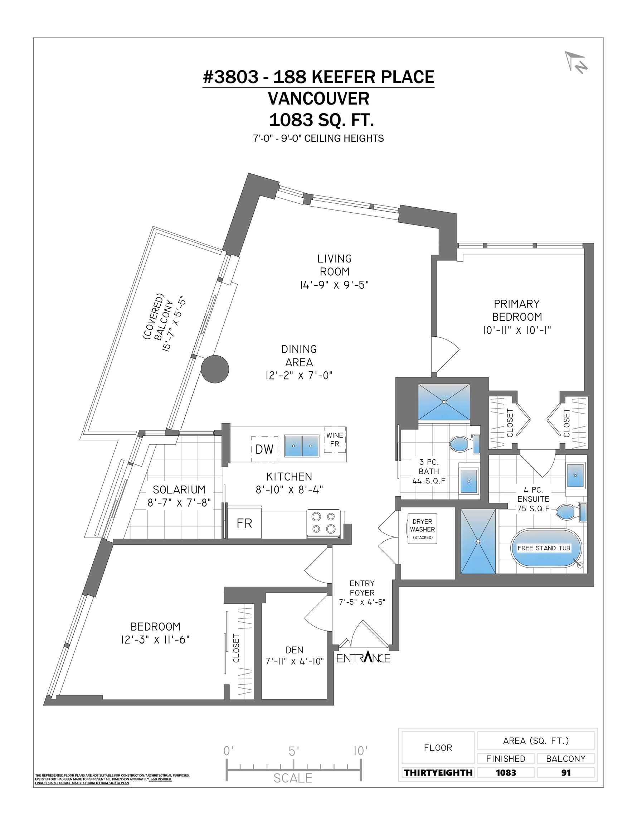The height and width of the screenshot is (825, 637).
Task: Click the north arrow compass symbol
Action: coord(576,62)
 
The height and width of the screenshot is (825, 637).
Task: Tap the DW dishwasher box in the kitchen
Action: coord(264,449)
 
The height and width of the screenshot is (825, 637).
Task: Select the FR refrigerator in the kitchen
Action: coord(244,524)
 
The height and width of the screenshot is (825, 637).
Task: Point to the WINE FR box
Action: coord(335,440)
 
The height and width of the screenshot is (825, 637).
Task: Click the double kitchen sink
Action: coord(302,446)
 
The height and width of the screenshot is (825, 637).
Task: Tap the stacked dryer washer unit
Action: coord(422,529)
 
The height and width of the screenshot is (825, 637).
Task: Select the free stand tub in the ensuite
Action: coord(546,548)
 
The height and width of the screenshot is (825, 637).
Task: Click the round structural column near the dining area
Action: coord(215,369)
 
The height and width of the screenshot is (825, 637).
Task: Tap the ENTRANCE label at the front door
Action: coord(363,658)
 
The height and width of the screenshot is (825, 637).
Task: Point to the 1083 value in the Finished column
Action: coord(506,772)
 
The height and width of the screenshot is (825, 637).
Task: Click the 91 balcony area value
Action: coord(566,772)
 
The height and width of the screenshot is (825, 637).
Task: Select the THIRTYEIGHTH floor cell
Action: coord(438,772)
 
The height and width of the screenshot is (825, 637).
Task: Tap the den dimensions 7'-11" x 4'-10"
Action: coord(295,661)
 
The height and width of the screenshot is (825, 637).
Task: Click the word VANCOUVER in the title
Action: coord(319,98)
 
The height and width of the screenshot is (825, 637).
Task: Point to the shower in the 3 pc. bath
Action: coord(444,402)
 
